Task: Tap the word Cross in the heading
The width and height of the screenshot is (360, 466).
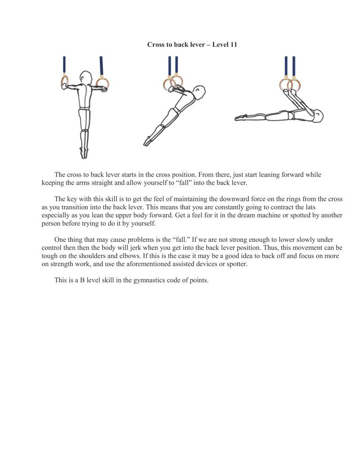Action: [156, 45]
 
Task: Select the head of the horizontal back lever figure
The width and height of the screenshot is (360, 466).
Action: [317, 116]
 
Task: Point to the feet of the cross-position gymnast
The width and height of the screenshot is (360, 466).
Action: [84, 153]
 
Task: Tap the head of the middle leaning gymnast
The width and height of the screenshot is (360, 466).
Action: [198, 94]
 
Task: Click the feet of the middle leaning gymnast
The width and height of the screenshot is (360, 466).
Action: [147, 141]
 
